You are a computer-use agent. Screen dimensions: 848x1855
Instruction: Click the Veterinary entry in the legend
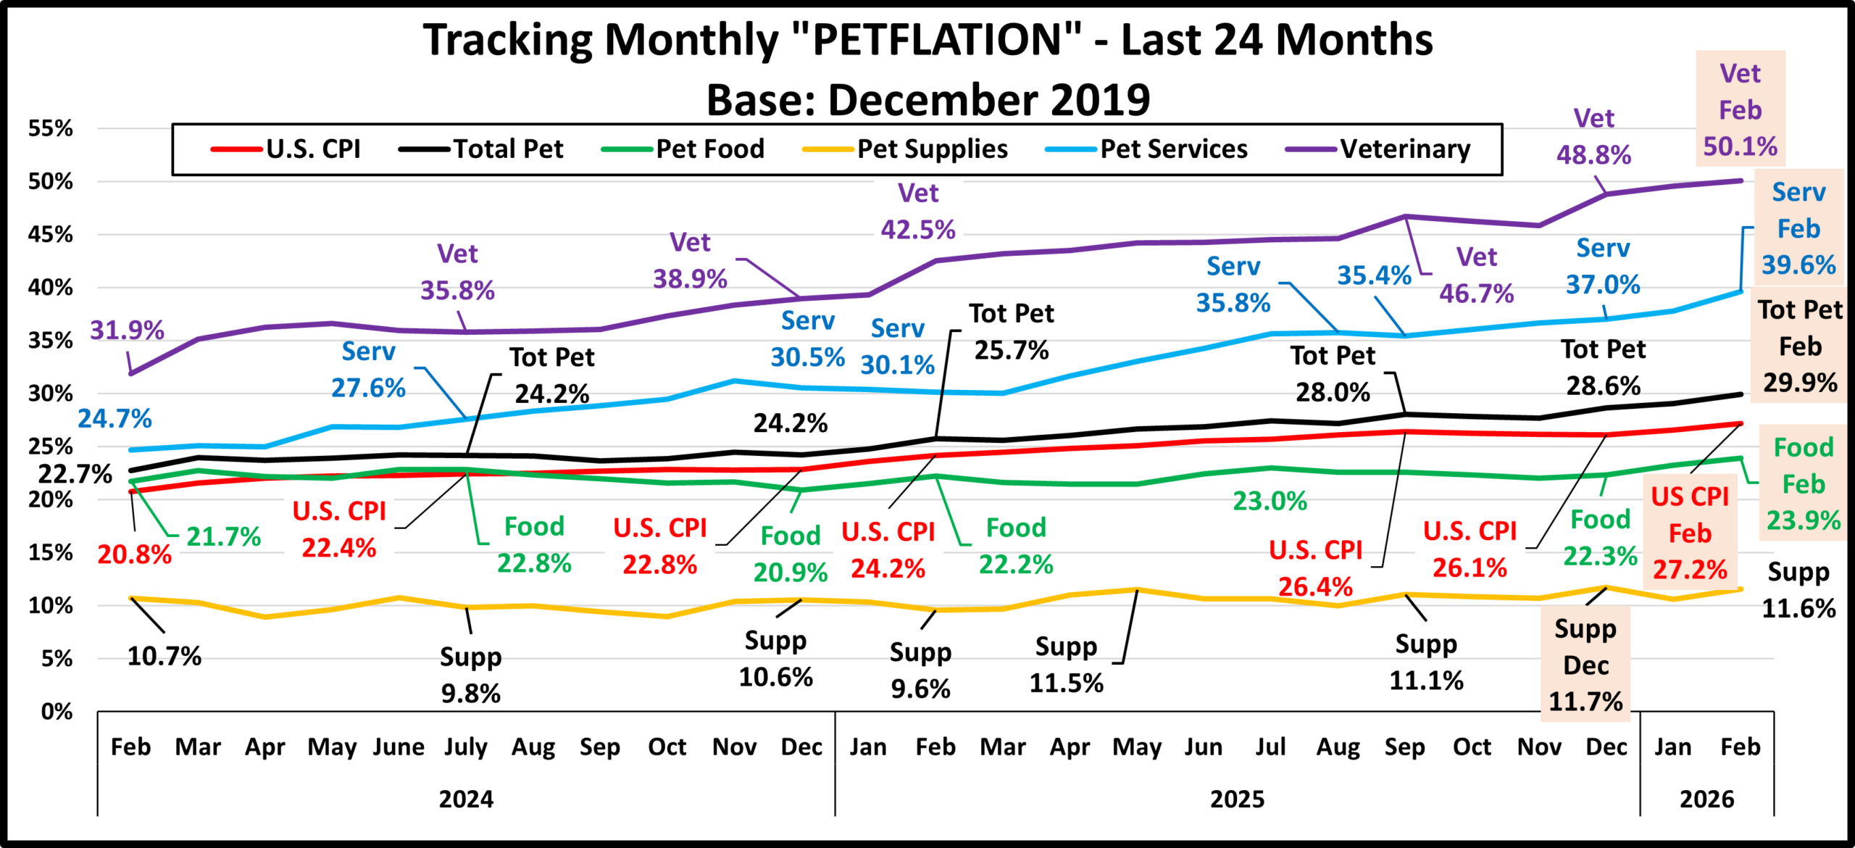pyautogui.click(x=1404, y=149)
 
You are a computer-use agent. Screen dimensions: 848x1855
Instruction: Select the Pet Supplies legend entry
pyautogui.click(x=932, y=149)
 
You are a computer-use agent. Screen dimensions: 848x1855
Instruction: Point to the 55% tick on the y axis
pyautogui.click(x=51, y=128)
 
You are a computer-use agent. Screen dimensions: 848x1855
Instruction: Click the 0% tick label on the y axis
pyautogui.click(x=57, y=711)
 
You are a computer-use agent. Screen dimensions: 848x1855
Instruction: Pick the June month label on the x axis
pyautogui.click(x=399, y=747)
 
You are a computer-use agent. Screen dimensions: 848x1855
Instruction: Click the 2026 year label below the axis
pyautogui.click(x=1706, y=799)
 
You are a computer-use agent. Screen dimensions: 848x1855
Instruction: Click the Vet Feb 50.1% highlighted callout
pyautogui.click(x=1740, y=109)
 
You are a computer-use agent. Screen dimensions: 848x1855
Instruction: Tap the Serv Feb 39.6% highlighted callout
pyautogui.click(x=1798, y=228)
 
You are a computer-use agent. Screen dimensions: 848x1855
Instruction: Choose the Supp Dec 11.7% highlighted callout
pyautogui.click(x=1585, y=665)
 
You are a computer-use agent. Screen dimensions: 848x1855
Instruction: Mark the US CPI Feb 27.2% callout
pyautogui.click(x=1690, y=533)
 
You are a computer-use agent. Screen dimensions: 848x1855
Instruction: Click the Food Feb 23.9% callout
pyautogui.click(x=1803, y=483)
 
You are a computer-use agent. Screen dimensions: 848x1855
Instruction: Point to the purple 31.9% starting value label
pyautogui.click(x=127, y=331)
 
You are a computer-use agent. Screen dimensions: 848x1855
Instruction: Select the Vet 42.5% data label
pyautogui.click(x=918, y=212)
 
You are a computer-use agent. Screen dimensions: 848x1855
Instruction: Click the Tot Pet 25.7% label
pyautogui.click(x=1012, y=332)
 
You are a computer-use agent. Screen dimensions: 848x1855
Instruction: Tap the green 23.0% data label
pyautogui.click(x=1270, y=501)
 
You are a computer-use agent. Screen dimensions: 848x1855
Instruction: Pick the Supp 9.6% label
pyautogui.click(x=920, y=670)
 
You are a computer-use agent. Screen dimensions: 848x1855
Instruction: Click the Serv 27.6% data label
pyautogui.click(x=368, y=370)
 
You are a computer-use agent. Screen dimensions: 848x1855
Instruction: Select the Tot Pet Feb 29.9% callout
pyautogui.click(x=1800, y=346)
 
